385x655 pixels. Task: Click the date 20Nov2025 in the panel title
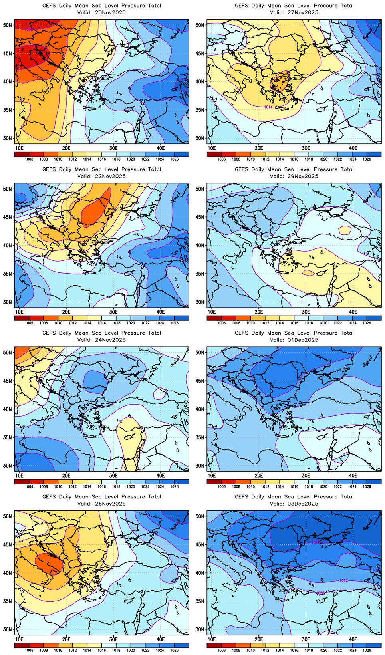(110, 12)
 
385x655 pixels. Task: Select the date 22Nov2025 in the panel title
(110, 176)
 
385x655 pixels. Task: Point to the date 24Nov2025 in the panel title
(110, 340)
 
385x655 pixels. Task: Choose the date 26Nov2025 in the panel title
(110, 504)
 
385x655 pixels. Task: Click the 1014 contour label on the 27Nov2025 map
(268, 107)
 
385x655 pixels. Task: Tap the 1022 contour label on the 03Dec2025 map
(343, 580)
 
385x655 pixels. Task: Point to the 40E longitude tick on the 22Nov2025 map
(161, 312)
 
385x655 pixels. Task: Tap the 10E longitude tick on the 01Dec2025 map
(212, 475)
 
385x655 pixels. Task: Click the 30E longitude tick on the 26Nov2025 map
(113, 639)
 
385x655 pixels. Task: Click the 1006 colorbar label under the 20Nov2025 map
(29, 159)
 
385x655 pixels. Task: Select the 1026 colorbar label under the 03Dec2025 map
(367, 650)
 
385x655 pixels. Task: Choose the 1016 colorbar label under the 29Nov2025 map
(294, 323)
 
